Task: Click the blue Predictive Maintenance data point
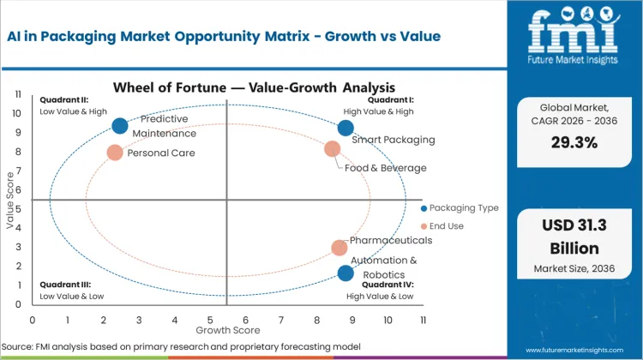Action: point(120,126)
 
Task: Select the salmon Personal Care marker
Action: point(115,153)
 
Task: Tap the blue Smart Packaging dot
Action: point(346,128)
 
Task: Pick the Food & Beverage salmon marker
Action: point(333,149)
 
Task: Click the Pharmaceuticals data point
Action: point(340,248)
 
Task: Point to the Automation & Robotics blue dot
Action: point(346,273)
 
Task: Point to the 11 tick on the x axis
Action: point(422,319)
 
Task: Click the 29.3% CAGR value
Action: point(574,145)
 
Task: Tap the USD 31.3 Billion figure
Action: point(574,239)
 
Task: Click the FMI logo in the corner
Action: point(574,38)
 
